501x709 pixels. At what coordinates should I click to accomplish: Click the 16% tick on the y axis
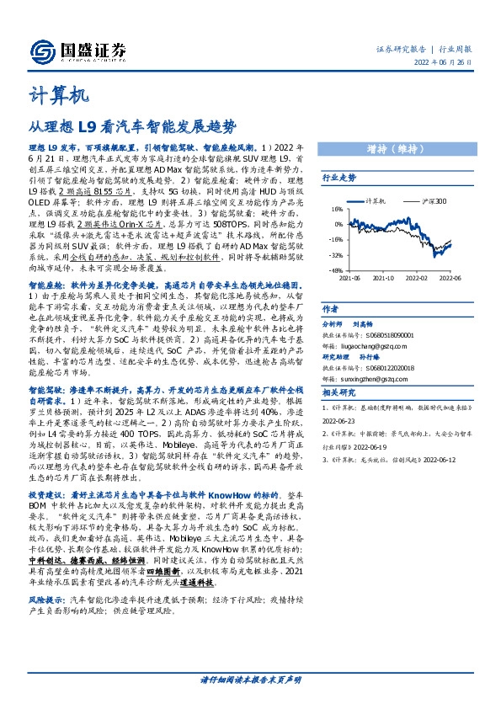point(335,210)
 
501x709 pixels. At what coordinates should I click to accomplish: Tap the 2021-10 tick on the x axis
point(384,276)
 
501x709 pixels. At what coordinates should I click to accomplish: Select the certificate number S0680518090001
point(380,334)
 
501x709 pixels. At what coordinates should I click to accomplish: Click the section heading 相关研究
point(338,392)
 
